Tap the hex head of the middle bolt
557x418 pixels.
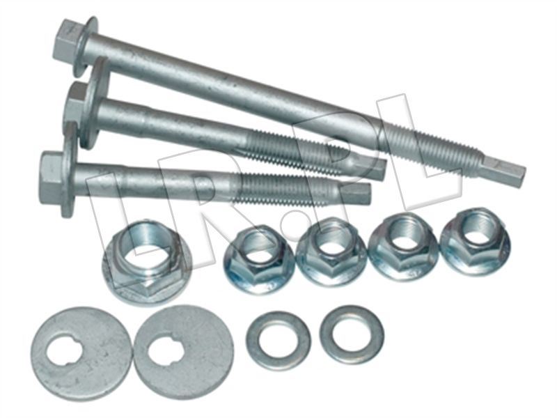tap(77, 104)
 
